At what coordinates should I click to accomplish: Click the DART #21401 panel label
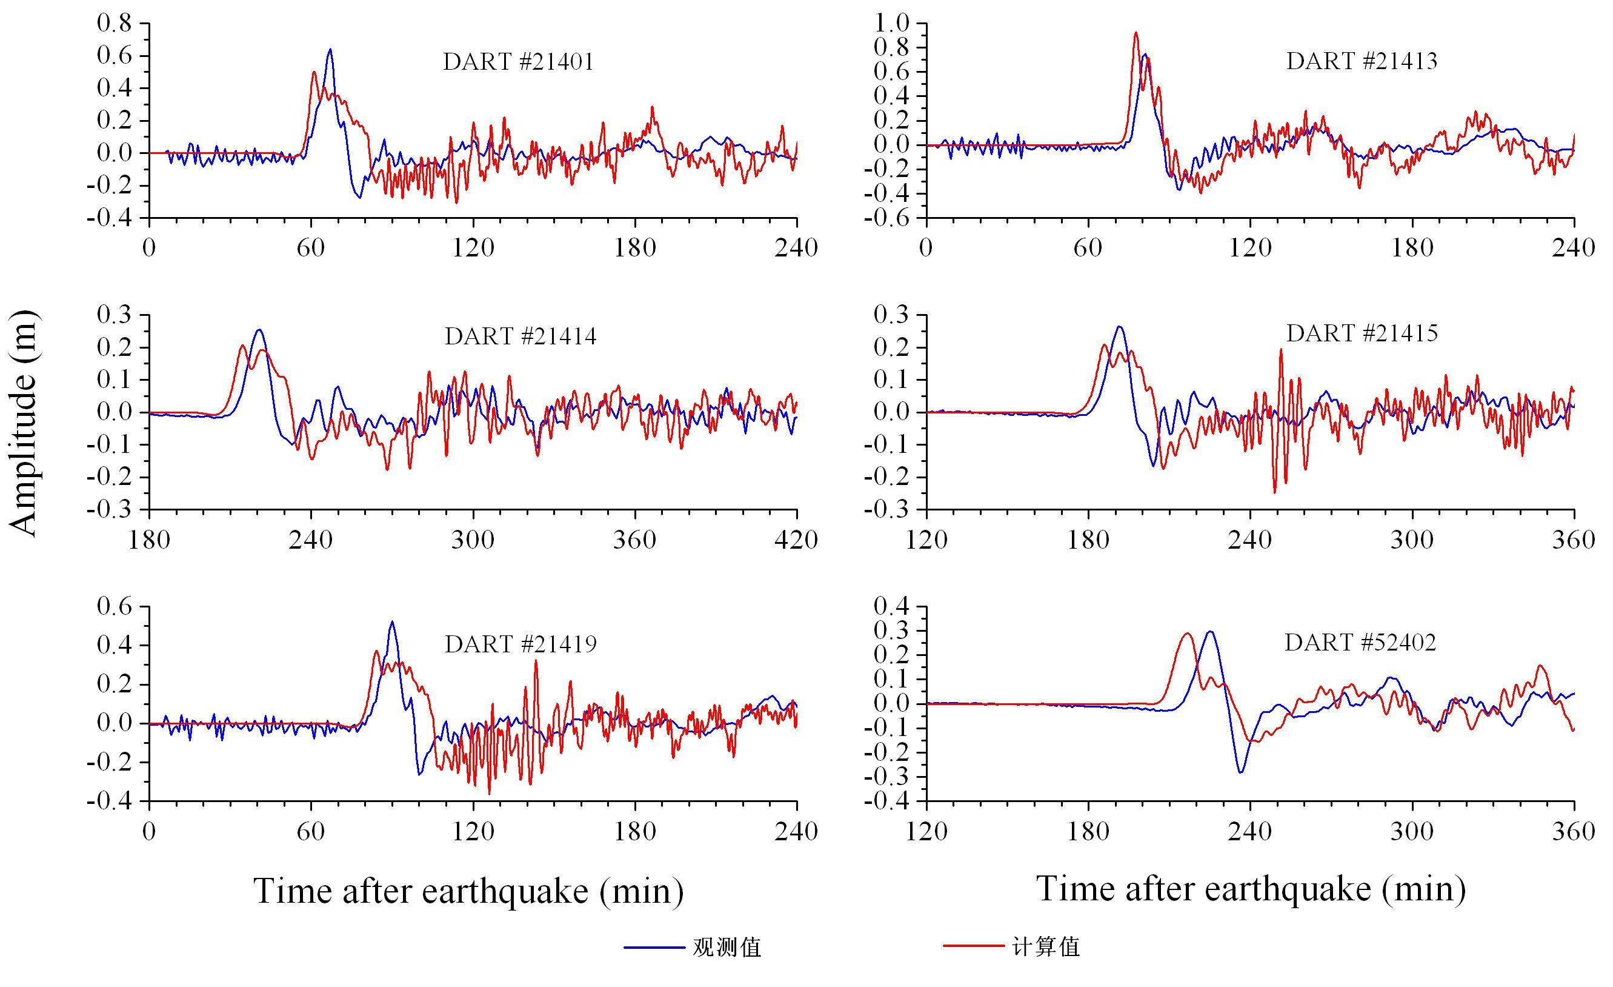click(519, 62)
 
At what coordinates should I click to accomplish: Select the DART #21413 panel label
click(1362, 61)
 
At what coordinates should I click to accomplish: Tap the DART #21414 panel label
click(520, 336)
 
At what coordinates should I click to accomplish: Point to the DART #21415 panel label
click(1362, 334)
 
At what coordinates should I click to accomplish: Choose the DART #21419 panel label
click(520, 644)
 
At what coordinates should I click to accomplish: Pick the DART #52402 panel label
click(1360, 643)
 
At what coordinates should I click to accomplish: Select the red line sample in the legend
click(973, 946)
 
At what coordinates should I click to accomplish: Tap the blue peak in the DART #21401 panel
click(330, 50)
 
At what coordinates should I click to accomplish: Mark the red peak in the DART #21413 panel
click(1136, 33)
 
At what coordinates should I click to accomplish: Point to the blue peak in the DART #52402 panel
click(1209, 632)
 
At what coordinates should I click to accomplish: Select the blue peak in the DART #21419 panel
click(391, 622)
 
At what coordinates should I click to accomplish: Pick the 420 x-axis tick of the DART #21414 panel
click(796, 540)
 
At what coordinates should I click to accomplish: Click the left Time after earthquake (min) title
click(469, 891)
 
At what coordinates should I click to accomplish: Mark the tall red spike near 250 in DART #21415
click(1280, 350)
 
